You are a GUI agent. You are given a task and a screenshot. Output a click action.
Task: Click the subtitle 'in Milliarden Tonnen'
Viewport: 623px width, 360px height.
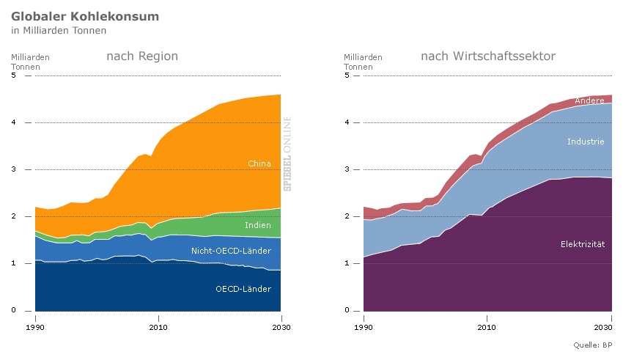[x=59, y=31]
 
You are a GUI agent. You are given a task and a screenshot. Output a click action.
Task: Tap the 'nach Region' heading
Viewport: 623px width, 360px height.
[x=142, y=56]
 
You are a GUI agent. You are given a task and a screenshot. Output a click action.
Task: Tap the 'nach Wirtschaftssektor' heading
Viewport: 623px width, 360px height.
[x=487, y=56]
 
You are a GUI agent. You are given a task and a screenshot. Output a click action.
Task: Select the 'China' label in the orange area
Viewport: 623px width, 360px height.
[x=259, y=164]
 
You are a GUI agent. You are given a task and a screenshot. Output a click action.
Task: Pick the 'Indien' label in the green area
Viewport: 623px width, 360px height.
[x=257, y=225]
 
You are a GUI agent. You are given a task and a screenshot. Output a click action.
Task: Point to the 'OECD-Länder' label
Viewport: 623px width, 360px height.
[x=243, y=289]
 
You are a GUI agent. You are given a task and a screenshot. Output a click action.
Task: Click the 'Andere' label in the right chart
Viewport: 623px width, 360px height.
[x=589, y=100]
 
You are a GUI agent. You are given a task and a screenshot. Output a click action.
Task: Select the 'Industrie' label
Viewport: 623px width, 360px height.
[x=586, y=141]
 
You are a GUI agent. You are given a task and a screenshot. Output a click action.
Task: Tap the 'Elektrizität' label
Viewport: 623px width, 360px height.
[x=582, y=243]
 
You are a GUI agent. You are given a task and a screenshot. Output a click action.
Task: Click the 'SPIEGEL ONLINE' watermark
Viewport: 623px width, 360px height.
[x=288, y=154]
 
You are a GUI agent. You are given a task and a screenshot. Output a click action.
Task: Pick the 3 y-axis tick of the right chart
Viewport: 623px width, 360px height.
[x=347, y=169]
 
